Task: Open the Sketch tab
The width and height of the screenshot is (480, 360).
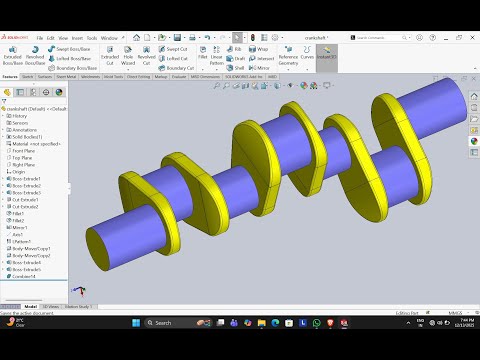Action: click(28, 75)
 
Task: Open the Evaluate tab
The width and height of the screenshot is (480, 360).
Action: click(179, 75)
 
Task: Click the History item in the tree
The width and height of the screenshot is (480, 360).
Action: click(19, 115)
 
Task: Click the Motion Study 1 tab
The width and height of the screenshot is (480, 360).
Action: click(77, 306)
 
